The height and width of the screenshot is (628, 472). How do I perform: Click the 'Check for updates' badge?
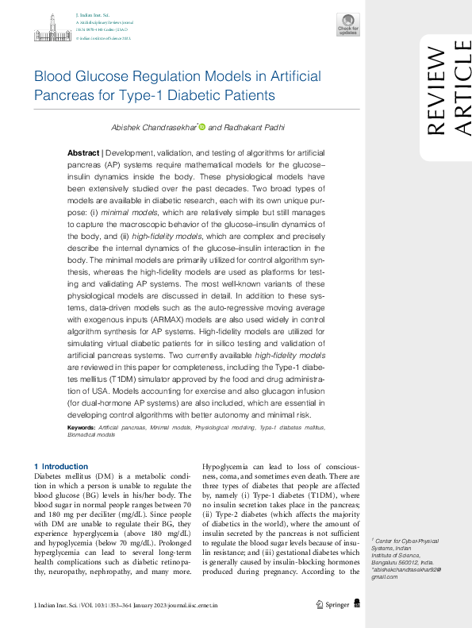pyautogui.click(x=347, y=25)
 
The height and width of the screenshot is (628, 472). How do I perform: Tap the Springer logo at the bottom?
pyautogui.click(x=335, y=605)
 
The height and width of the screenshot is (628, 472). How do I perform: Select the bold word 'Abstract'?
pyautogui.click(x=83, y=152)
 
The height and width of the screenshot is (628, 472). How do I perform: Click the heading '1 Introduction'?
pyautogui.click(x=60, y=466)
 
